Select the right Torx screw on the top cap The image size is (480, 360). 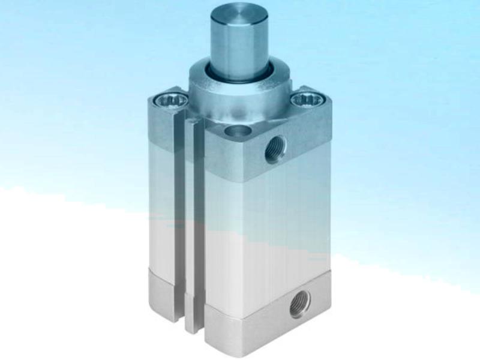click(306, 98)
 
